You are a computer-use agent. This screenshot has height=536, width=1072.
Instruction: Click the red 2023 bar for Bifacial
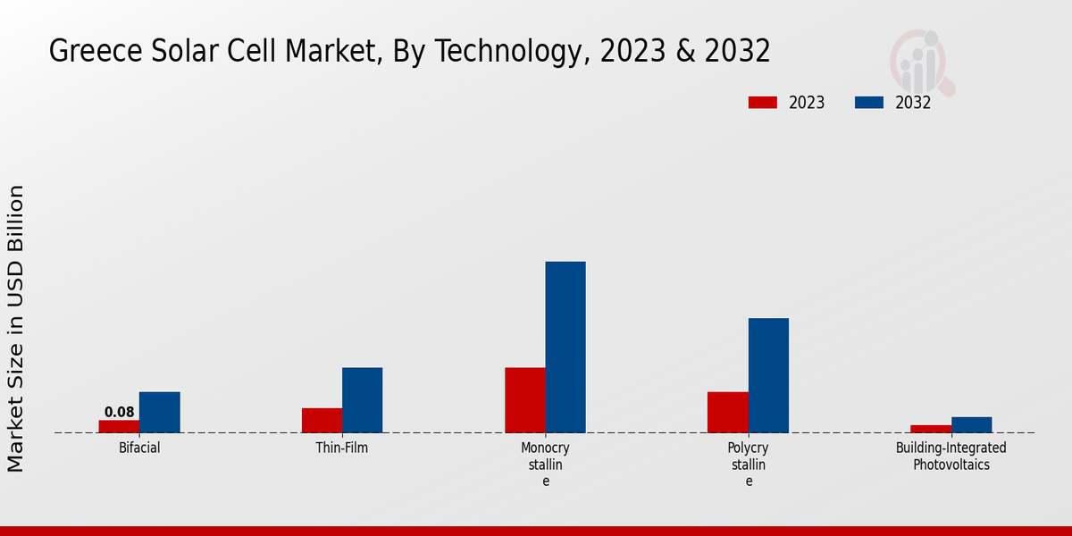point(119,426)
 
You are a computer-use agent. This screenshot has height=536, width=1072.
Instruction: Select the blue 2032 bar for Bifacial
point(159,412)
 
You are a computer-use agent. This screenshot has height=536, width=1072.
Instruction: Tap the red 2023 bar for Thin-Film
point(322,420)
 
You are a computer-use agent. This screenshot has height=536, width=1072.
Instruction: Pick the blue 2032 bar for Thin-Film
point(362,400)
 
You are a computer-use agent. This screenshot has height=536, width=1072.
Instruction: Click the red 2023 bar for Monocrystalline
point(524,400)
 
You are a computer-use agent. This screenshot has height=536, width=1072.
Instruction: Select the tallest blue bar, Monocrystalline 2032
point(565,347)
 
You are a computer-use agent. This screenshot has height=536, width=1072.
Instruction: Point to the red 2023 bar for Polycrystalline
point(727,412)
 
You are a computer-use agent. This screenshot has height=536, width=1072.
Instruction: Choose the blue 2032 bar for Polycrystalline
point(768,375)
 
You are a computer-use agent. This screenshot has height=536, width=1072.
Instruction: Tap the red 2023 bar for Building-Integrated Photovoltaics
point(930,429)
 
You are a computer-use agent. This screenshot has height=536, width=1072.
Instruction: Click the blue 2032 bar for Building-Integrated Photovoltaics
point(971,424)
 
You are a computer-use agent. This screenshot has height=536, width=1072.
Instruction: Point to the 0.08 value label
point(119,412)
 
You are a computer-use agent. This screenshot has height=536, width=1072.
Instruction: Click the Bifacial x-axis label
point(139,448)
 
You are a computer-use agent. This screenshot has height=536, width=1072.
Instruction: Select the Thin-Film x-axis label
point(342,448)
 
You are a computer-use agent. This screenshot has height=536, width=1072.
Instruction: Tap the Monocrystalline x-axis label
point(545,464)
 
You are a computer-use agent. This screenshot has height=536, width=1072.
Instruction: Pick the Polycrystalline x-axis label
point(749,464)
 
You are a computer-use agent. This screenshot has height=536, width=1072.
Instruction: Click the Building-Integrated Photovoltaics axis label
point(951,456)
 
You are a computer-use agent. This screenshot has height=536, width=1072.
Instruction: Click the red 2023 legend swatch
point(762,103)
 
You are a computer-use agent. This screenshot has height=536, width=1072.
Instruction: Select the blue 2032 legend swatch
point(868,103)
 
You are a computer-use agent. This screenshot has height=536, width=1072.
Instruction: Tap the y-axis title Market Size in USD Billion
point(16,328)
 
